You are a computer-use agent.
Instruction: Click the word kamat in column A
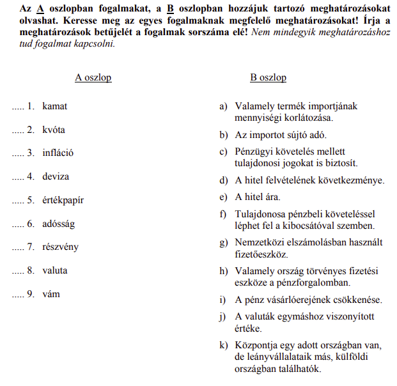[x=54, y=106]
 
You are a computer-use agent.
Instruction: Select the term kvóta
[x=54, y=130]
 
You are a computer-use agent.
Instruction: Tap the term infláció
[x=58, y=153]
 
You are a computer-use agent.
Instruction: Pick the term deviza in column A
[x=56, y=176]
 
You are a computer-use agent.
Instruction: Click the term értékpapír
[x=63, y=200]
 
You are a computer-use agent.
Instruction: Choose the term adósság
[x=59, y=224]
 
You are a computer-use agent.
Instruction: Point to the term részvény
[x=60, y=247]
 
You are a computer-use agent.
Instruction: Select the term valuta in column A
[x=55, y=270]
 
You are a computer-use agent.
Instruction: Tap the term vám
[x=51, y=294]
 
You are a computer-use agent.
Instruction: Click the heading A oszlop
[x=93, y=77]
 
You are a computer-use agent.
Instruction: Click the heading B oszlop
[x=268, y=77]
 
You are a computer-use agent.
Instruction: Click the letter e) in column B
[x=223, y=197]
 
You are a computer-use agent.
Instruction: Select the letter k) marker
[x=223, y=346]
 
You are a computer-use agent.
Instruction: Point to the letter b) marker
[x=223, y=135]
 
